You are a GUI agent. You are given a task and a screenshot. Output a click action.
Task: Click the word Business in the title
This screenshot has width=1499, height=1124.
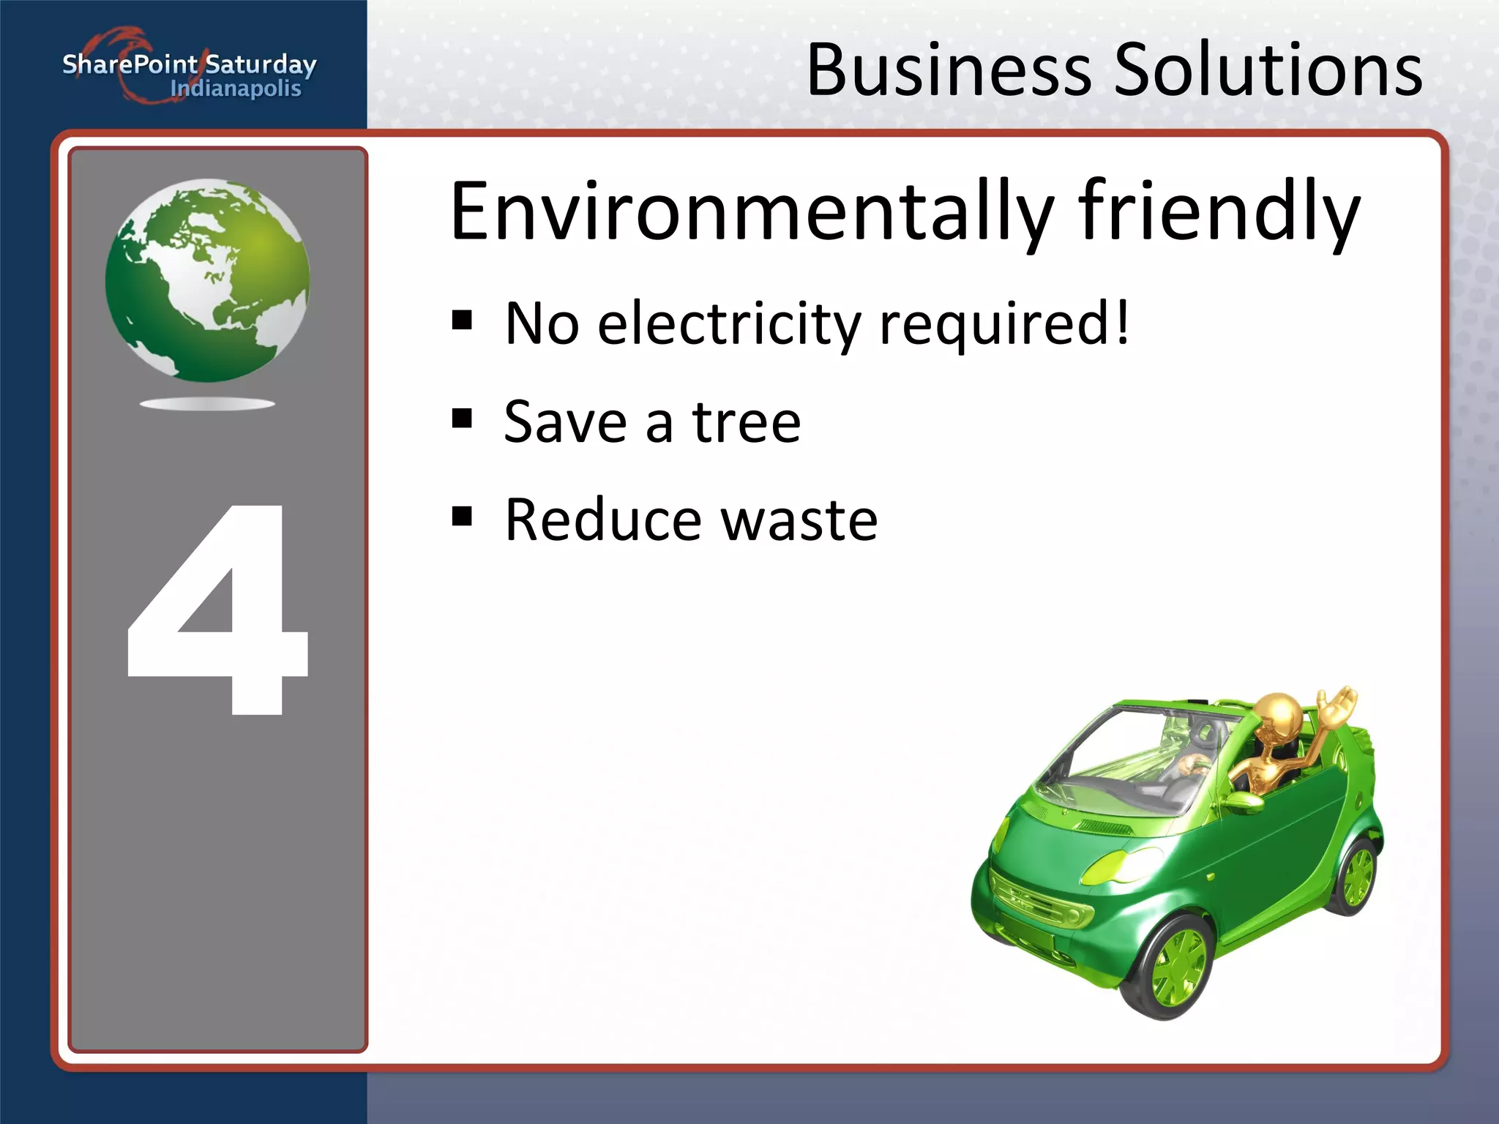pyautogui.click(x=949, y=70)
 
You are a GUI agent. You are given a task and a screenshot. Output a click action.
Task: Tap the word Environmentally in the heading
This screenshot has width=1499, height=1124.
pyautogui.click(x=751, y=212)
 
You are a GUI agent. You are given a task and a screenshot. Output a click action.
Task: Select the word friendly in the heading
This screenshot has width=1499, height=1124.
pyautogui.click(x=1219, y=212)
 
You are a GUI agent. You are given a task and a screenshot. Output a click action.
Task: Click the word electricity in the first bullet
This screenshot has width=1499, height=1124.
pyautogui.click(x=729, y=323)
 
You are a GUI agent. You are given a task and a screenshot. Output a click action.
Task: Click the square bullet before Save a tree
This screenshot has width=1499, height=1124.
pyautogui.click(x=462, y=419)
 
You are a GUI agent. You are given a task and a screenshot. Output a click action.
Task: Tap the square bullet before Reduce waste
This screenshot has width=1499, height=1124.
pyautogui.click(x=462, y=517)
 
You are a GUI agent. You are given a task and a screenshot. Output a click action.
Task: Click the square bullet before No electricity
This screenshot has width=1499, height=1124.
pyautogui.click(x=462, y=321)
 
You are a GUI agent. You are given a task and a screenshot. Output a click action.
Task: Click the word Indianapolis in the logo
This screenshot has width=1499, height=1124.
pyautogui.click(x=235, y=89)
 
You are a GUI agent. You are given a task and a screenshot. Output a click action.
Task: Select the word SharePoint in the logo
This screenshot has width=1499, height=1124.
pyautogui.click(x=130, y=64)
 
